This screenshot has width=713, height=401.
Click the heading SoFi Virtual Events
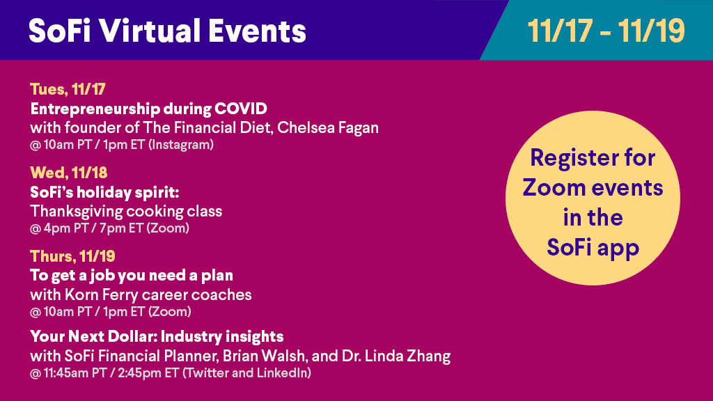167,31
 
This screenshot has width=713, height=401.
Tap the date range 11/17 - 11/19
606,31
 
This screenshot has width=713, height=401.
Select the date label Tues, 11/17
68,89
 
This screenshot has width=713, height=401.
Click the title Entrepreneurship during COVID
149,109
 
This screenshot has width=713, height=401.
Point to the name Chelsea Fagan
328,128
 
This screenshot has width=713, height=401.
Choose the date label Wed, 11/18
69,173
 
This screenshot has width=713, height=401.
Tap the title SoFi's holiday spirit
104,193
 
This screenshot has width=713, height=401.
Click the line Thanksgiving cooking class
126,212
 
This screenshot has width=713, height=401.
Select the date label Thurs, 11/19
72,256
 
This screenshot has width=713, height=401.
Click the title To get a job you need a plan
132,276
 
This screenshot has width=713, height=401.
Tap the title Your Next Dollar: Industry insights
157,337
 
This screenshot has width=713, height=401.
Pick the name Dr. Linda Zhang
396,356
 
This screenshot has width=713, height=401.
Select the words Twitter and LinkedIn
247,373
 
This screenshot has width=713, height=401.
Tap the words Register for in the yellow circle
593,158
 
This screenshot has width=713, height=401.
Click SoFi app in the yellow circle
593,249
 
